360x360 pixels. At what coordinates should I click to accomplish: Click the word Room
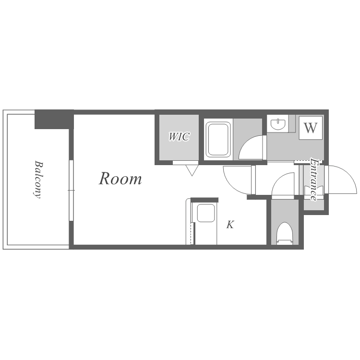point(120,179)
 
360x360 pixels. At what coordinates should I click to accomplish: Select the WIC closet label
point(179,137)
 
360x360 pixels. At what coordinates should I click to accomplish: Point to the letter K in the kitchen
point(230,225)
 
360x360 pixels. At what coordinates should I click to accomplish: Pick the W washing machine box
point(311,128)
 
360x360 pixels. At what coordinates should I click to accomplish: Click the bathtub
point(218,139)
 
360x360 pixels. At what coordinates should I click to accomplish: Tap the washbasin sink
point(278,124)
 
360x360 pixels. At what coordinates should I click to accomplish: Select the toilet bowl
point(285,233)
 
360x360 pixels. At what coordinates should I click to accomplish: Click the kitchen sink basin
point(206,213)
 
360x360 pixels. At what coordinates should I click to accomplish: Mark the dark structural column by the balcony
point(54,120)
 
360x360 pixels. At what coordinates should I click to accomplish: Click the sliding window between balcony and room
point(71,191)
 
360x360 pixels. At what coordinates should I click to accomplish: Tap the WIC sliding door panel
point(185,163)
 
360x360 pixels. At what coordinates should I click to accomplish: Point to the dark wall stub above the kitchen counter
point(204,200)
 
